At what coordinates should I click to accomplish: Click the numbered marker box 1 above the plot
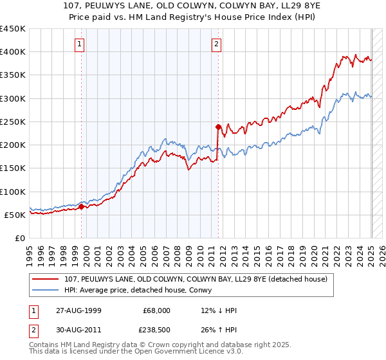(79, 44)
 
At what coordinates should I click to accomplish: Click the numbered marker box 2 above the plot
(216, 44)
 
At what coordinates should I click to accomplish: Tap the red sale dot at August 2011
(219, 127)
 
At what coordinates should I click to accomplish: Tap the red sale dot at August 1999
(82, 206)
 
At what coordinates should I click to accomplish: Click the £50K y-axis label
(15, 215)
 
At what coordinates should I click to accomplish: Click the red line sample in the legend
(46, 279)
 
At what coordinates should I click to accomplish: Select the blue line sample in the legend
(46, 290)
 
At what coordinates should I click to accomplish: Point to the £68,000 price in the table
(157, 310)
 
